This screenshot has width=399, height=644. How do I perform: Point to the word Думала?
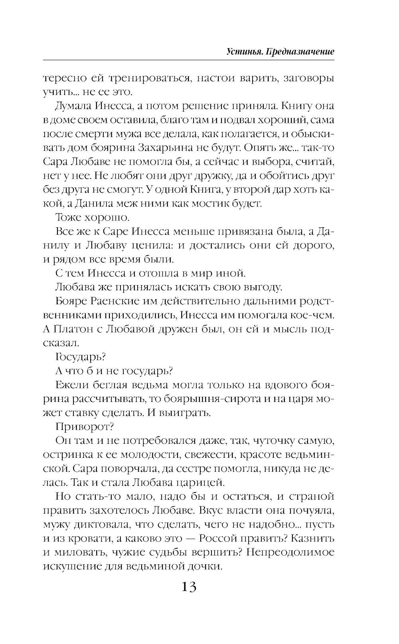[x=74, y=106]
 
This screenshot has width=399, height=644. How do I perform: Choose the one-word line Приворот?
[x=85, y=427]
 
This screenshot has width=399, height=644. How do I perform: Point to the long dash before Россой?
[x=189, y=539]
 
